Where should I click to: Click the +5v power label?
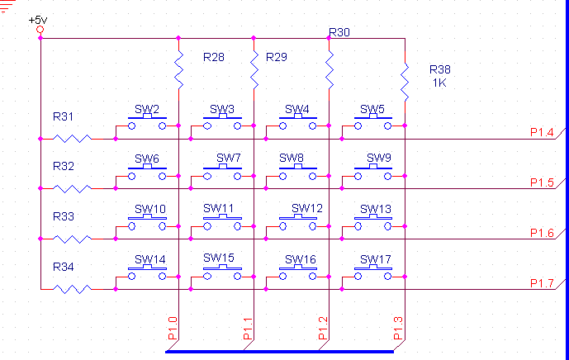tap(38, 20)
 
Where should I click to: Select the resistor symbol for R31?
tap(72, 139)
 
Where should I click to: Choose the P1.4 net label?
tap(542, 132)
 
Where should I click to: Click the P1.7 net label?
tap(542, 283)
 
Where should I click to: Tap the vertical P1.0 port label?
tap(173, 328)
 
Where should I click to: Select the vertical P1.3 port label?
tap(398, 328)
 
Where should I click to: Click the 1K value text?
tap(439, 83)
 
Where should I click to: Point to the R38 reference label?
tap(440, 69)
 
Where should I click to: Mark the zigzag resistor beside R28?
tap(179, 69)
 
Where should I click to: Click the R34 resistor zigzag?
tap(72, 289)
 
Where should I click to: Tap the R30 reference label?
tap(339, 33)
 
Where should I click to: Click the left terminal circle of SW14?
tap(132, 277)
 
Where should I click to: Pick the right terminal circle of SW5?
tap(388, 126)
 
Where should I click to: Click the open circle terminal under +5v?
tap(40, 30)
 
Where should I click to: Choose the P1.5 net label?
tap(542, 182)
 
